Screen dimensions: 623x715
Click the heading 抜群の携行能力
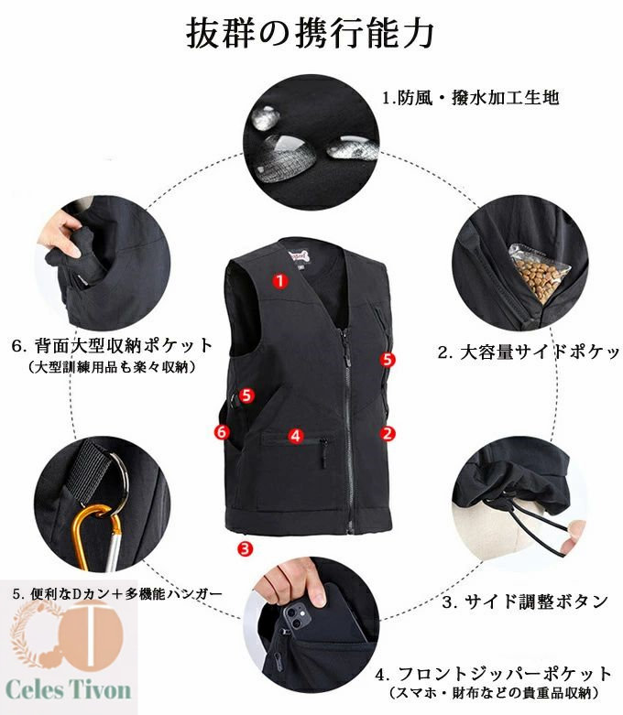tap(311, 33)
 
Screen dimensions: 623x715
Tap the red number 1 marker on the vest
tap(280, 280)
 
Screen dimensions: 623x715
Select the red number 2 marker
tap(388, 433)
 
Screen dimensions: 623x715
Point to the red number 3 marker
tap(246, 547)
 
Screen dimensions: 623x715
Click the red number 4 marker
tap(296, 436)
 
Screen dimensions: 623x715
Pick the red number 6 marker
tap(222, 431)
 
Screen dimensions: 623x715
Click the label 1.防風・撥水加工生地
tap(471, 98)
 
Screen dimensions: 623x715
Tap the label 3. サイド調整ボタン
tap(525, 601)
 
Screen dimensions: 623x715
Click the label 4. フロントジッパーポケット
tap(494, 674)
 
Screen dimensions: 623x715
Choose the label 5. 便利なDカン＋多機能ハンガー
tap(117, 594)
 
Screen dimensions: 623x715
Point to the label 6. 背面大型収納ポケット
tap(113, 346)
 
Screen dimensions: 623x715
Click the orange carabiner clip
tap(97, 537)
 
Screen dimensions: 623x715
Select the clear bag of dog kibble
tap(539, 275)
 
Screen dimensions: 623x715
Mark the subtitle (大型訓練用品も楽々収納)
tap(113, 367)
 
